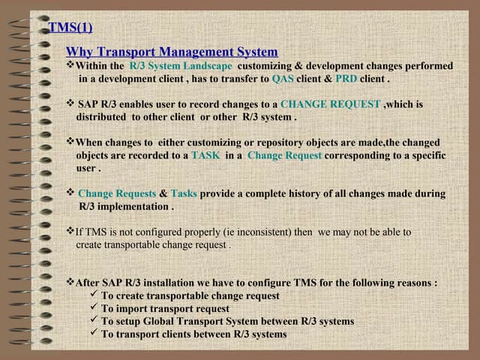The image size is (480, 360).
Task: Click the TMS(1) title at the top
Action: (70, 28)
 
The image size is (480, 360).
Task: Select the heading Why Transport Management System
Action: (172, 52)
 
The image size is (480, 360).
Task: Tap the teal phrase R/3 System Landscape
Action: (181, 66)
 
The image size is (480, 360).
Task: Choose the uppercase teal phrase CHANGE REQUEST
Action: (330, 104)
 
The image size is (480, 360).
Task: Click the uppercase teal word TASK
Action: (205, 155)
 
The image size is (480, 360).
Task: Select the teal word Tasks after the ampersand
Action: (184, 193)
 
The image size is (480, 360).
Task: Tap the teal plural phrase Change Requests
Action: (117, 193)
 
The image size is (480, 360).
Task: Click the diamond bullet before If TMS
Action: (70, 232)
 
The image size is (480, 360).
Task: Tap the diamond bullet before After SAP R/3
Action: (70, 283)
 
